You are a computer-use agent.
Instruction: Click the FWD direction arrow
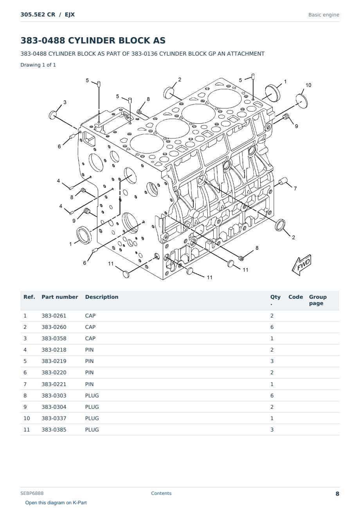301,265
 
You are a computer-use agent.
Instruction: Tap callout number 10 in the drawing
308,85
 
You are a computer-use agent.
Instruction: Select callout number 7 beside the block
295,188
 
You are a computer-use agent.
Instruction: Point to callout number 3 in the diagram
65,102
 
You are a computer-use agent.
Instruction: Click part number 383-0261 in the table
54,316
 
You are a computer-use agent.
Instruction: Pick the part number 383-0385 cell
54,430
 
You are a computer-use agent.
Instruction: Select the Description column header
101,297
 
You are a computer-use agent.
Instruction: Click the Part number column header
60,297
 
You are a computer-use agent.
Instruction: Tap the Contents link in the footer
161,493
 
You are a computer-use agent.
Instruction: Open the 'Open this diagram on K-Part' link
56,503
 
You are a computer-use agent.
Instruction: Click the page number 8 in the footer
337,494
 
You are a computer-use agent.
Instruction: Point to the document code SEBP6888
32,493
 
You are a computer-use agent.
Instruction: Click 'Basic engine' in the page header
324,15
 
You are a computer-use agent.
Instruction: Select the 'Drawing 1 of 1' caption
38,65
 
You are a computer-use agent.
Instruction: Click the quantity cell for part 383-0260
272,327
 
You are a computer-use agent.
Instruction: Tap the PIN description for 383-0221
89,384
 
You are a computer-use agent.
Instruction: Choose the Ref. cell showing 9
25,407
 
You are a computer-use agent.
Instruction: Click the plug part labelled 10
302,101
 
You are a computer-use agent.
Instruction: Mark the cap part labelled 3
52,115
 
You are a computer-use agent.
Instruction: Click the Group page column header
318,300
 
